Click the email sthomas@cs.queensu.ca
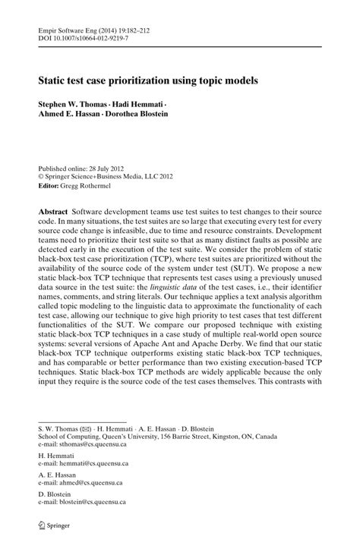pyautogui.click(x=90, y=447)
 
